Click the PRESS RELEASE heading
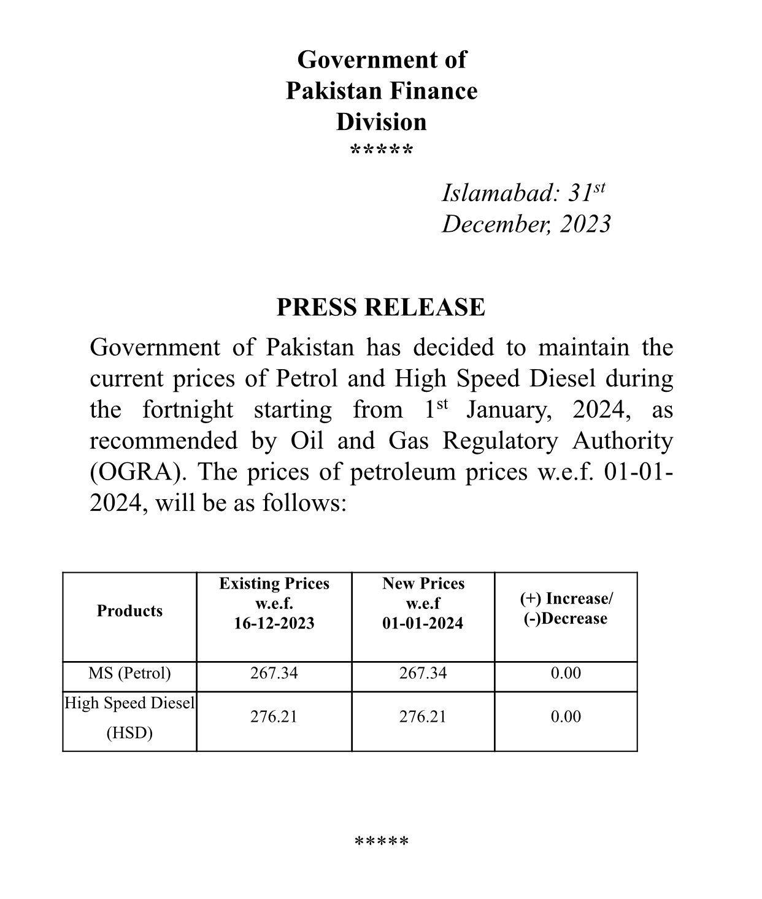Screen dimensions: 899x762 (x=380, y=307)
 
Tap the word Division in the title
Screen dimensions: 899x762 (x=381, y=122)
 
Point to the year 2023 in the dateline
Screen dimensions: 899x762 (x=585, y=224)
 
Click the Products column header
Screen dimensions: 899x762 (x=129, y=611)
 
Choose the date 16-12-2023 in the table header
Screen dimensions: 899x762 (x=274, y=624)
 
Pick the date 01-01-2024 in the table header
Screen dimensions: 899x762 (x=423, y=624)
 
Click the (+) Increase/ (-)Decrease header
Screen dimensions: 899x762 (x=566, y=608)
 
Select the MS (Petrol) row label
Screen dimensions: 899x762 (x=129, y=673)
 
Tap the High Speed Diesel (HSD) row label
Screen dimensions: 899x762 (x=129, y=717)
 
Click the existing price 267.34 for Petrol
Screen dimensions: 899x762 (x=274, y=673)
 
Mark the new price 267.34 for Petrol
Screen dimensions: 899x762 (x=423, y=673)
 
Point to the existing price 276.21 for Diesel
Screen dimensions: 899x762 (x=274, y=717)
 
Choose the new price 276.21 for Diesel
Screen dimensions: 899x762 (x=423, y=717)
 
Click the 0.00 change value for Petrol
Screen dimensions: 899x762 (x=566, y=673)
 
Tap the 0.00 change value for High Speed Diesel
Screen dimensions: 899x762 (x=566, y=717)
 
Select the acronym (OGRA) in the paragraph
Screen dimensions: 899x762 (x=138, y=472)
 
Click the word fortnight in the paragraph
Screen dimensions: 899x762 (x=188, y=410)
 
